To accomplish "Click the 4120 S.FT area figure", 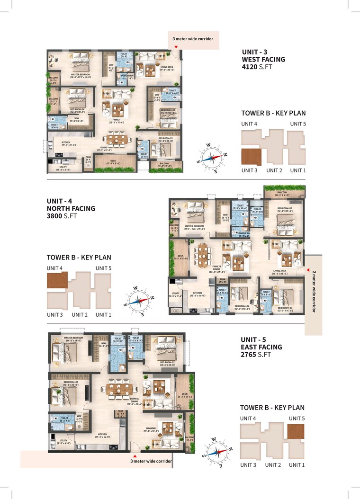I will [x=256, y=67].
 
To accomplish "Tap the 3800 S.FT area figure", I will [x=62, y=216].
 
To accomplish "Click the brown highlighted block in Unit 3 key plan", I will [x=251, y=157].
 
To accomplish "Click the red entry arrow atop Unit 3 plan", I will [x=175, y=47].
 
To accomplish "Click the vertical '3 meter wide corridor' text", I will [x=313, y=292].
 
